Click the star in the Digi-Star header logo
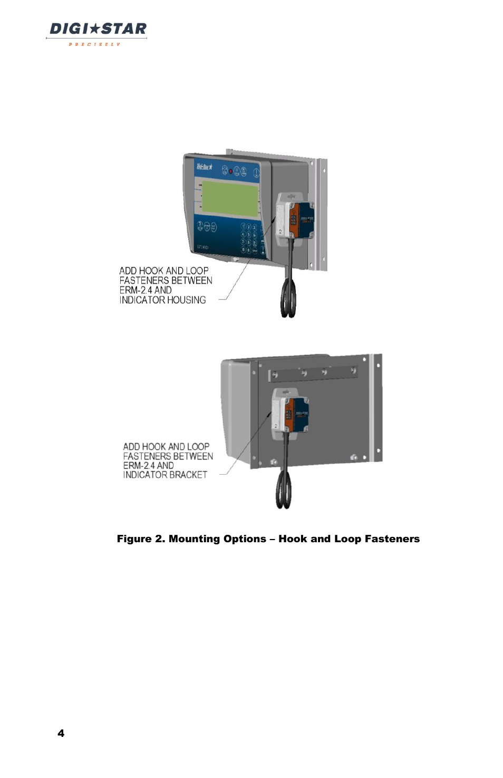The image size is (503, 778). (x=94, y=28)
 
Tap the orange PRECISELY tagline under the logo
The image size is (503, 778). (x=94, y=44)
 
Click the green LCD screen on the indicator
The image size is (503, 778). (x=230, y=198)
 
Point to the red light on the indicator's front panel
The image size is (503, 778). (x=230, y=171)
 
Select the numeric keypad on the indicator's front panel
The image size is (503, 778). (x=248, y=238)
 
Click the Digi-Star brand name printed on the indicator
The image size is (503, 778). (x=204, y=167)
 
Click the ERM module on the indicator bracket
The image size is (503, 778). (x=289, y=414)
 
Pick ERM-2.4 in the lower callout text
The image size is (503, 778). (x=139, y=465)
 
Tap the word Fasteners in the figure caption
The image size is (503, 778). (x=392, y=539)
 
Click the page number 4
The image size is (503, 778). (x=61, y=733)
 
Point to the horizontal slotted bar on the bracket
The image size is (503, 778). (x=313, y=373)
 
